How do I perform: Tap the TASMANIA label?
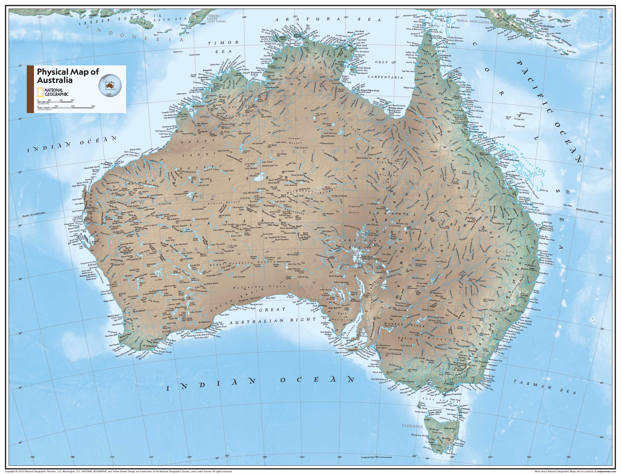coord(412,426)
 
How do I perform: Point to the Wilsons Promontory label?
coord(453,394)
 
